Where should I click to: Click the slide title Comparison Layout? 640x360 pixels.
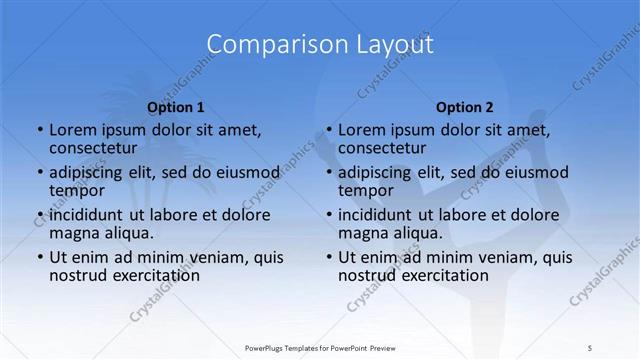[320, 45]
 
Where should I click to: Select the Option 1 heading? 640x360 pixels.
[176, 107]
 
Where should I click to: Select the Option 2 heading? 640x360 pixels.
[464, 107]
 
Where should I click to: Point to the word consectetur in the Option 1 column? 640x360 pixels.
[96, 149]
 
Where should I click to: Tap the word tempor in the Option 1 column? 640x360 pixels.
[77, 191]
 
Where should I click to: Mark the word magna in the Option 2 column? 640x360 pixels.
[363, 234]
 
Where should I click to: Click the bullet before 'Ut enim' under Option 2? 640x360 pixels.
[329, 257]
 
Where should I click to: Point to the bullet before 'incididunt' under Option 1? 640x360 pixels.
[40, 215]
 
